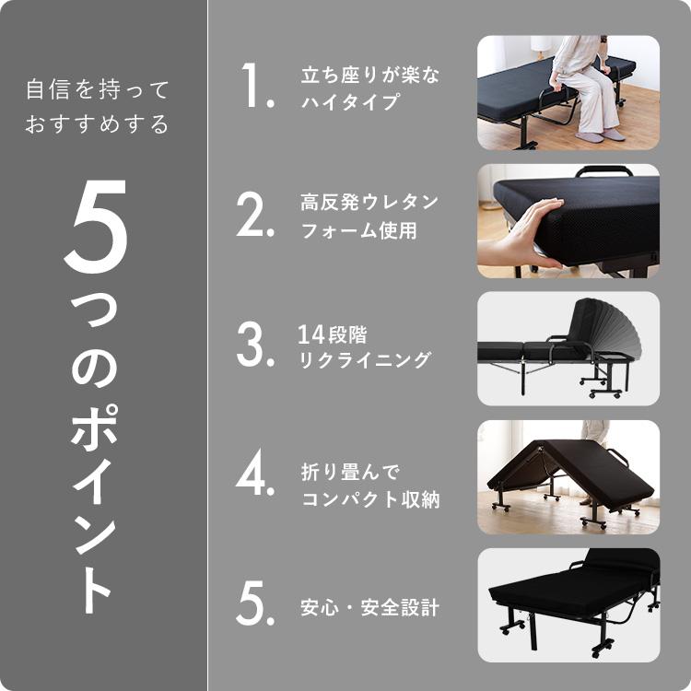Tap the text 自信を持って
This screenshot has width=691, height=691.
tap(98, 90)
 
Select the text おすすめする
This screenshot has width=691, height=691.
tap(98, 124)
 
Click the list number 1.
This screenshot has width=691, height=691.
tap(257, 89)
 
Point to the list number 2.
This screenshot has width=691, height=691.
tap(255, 217)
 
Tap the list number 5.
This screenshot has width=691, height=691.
tap(255, 606)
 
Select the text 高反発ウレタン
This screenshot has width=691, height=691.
tap(369, 202)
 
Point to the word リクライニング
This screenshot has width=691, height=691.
tap(364, 360)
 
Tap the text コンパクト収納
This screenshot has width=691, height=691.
tap(369, 499)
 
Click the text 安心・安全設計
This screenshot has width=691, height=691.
tap(369, 608)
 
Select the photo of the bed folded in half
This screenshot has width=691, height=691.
tap(568, 477)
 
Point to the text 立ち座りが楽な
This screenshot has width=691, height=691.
tap(369, 76)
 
